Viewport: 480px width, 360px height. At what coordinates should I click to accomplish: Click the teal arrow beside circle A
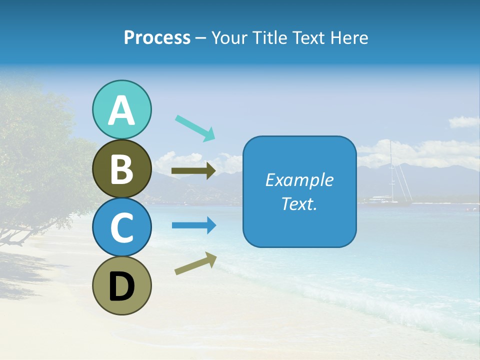point(195,127)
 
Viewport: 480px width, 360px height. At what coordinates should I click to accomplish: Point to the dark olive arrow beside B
point(193,171)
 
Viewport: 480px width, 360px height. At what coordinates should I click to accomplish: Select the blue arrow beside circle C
point(194,225)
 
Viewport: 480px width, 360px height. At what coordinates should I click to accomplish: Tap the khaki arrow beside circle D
point(195,263)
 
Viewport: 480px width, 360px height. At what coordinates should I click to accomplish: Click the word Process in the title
point(157,38)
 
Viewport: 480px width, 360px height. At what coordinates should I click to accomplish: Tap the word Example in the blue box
point(299,180)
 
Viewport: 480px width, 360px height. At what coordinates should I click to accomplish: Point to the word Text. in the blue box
point(299,204)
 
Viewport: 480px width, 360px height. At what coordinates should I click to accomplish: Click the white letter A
point(121,110)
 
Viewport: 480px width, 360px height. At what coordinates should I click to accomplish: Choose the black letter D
point(121,286)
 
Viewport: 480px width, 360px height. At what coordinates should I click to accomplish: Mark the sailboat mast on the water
point(391,170)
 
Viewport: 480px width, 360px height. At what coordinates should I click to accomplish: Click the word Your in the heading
point(229,38)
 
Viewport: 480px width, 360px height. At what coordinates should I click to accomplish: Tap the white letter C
point(121,228)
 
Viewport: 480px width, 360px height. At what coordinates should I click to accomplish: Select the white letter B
point(121,169)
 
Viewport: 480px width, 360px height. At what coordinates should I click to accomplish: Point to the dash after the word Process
point(201,38)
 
